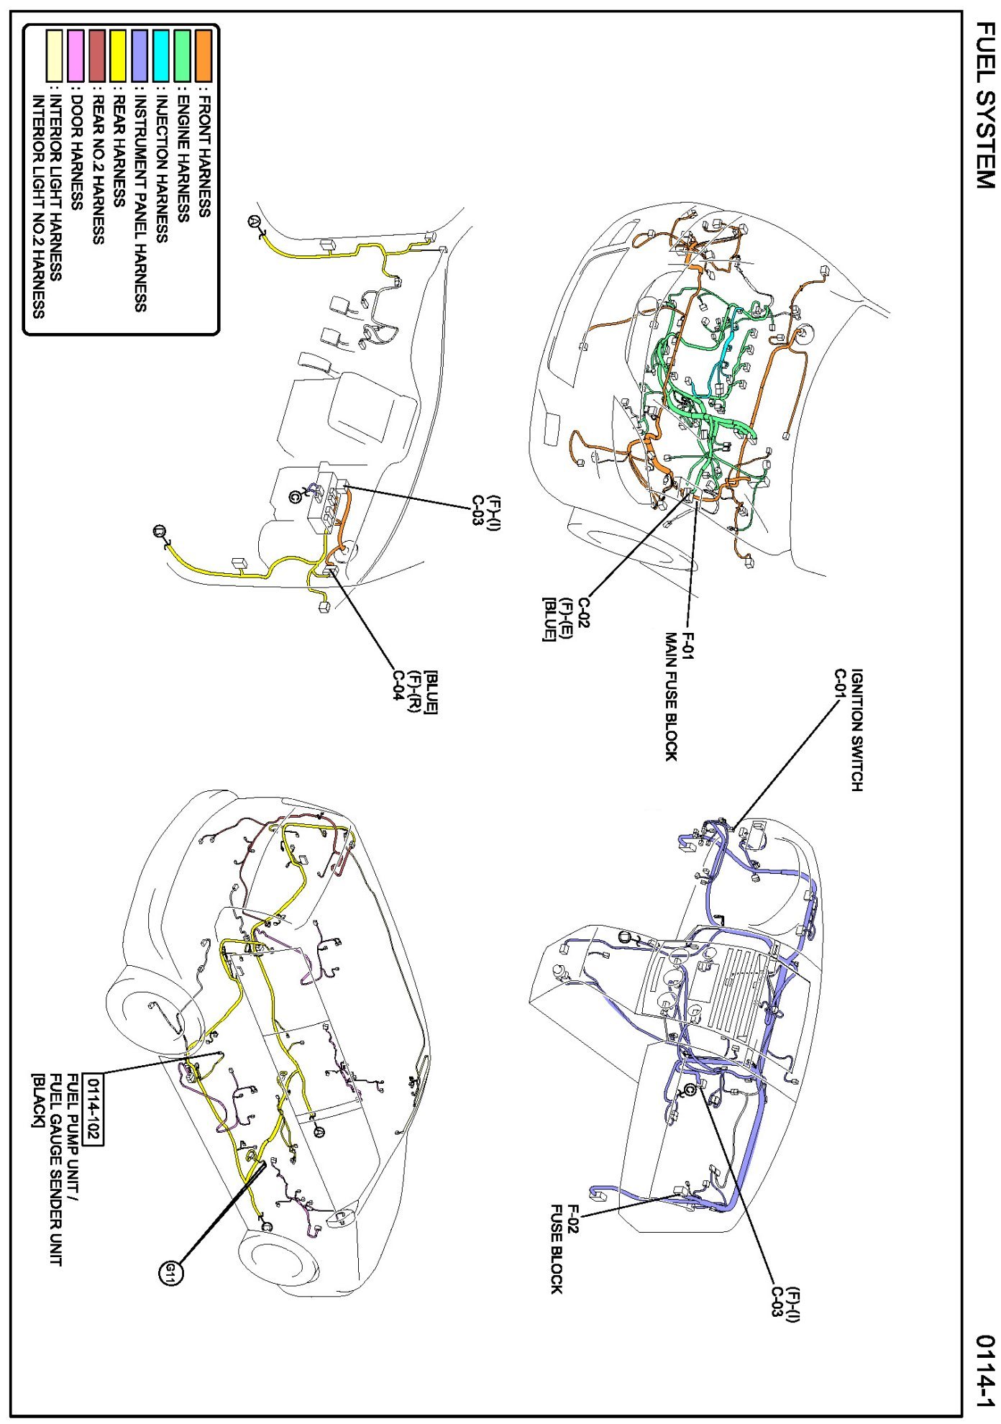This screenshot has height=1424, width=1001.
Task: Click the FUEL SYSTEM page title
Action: [984, 104]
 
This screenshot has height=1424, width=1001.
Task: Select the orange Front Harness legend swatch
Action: [204, 55]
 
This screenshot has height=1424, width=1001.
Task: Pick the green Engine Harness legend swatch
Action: [183, 55]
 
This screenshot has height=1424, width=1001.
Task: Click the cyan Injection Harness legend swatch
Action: [161, 55]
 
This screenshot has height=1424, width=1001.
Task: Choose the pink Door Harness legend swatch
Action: [76, 55]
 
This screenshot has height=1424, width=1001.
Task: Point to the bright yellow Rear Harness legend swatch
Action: [118, 55]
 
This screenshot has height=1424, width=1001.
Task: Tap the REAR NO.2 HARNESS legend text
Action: [98, 170]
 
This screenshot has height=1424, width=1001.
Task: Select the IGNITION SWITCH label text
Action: [856, 730]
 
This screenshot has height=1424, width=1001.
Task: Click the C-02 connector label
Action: [583, 613]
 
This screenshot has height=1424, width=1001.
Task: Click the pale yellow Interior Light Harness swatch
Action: [54, 55]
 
